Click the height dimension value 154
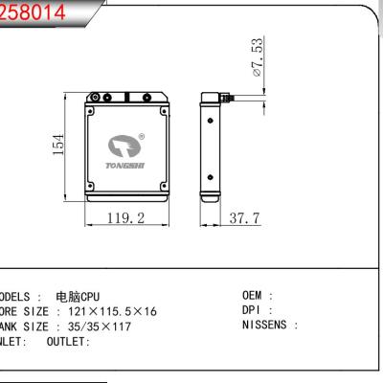(58, 145)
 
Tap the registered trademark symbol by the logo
(142, 136)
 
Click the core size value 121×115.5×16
(104, 311)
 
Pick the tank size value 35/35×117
(92, 327)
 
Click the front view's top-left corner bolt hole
(95, 96)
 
